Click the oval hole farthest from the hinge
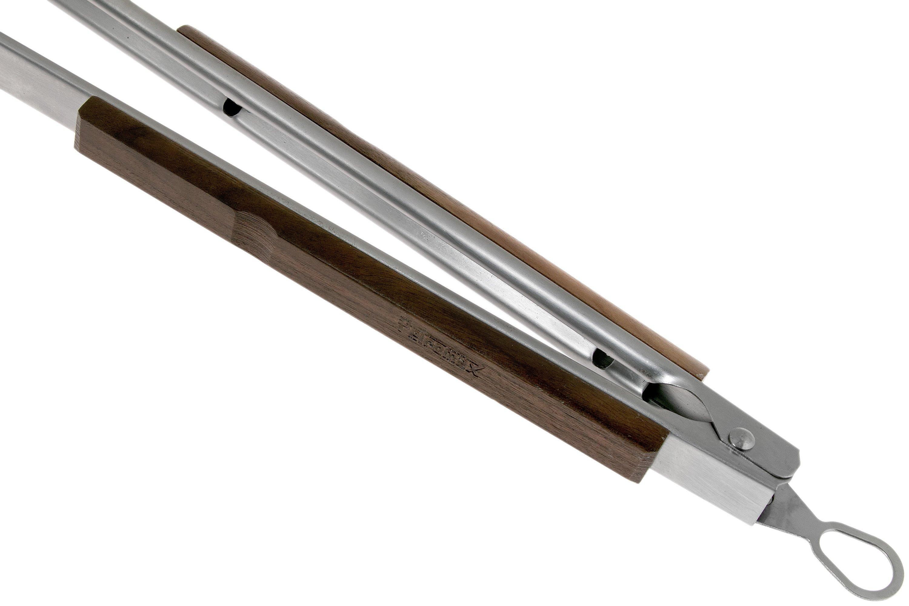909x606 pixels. click(232, 108)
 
